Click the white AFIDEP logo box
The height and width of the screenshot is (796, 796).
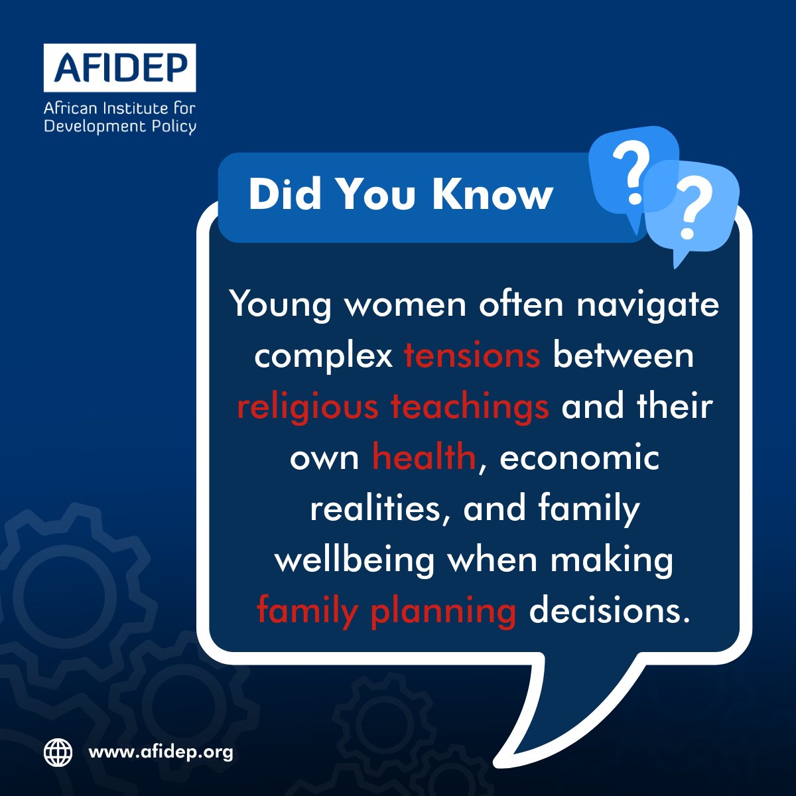[120, 68]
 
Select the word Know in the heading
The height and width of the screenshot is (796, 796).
[492, 194]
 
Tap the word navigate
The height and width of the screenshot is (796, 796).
[647, 305]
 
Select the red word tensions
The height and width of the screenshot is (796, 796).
[472, 356]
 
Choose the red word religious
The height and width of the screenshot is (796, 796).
[306, 407]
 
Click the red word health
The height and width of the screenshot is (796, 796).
[424, 458]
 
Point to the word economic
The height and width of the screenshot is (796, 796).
[580, 458]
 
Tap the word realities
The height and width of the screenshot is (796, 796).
[379, 509]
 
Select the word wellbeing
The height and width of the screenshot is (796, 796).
[355, 560]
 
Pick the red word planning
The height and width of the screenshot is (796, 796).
[443, 611]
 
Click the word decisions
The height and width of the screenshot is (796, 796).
[606, 611]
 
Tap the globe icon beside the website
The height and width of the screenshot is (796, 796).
[58, 752]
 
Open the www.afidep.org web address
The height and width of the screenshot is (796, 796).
[161, 752]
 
